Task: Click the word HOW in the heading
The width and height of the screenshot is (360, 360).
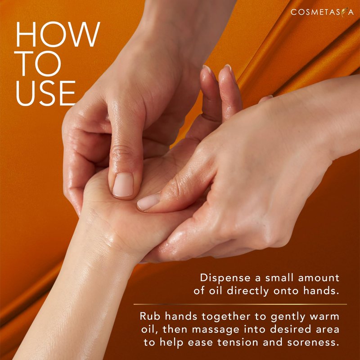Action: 58,34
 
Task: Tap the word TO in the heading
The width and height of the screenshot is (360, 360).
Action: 37,63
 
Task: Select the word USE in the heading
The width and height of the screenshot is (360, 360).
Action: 45,93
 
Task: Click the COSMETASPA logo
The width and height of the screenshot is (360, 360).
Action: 322,12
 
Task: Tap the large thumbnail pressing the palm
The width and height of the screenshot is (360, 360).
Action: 123,185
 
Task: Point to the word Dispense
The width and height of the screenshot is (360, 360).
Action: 225,278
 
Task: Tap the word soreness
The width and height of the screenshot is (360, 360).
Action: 313,342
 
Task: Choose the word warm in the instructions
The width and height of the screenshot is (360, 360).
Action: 324,317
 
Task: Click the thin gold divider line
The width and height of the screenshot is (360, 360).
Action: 240,304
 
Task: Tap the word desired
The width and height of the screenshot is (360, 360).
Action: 290,330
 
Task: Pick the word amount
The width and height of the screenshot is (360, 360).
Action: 319,278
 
